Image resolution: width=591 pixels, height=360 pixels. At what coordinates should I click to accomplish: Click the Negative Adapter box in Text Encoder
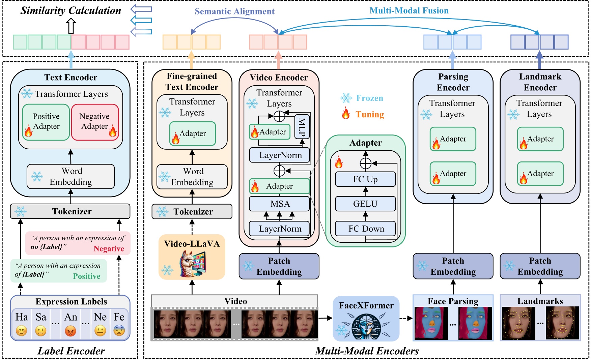point(95,122)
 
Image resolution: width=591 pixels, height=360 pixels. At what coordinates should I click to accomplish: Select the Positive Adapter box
point(46,122)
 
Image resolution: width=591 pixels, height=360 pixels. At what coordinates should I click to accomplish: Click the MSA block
point(279,204)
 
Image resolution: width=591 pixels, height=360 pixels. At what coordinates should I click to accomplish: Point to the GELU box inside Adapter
point(365,204)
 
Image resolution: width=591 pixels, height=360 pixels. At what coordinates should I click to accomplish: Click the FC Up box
point(365,179)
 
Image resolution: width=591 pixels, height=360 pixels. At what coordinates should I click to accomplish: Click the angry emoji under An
point(70,331)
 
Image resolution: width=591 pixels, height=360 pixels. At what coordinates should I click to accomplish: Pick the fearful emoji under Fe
point(119,331)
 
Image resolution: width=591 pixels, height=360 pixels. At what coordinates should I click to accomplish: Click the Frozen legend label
point(369,98)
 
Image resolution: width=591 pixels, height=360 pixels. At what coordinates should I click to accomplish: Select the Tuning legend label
point(369,115)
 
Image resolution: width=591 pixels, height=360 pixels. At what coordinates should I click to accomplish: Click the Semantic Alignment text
point(234,11)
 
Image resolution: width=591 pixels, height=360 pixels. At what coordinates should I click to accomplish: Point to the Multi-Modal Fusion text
point(409,10)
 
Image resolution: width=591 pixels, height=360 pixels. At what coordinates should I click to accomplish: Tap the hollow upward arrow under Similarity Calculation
point(71,26)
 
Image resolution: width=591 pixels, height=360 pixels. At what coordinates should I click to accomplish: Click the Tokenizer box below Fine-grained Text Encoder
point(192,212)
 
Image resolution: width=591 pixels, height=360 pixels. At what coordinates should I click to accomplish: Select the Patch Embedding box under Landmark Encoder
point(540,266)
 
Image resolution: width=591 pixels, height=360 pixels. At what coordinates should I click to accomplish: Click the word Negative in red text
point(109,249)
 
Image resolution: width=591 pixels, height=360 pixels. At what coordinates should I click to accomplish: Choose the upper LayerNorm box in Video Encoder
point(280,155)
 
